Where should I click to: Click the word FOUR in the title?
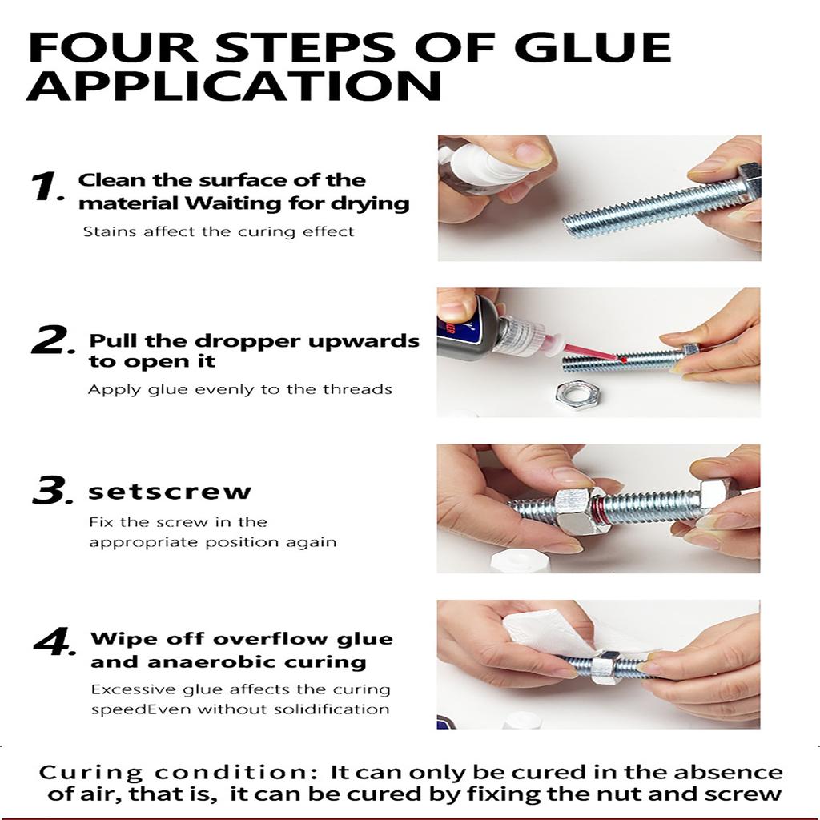coord(113,47)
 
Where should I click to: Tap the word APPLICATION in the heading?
coord(235,85)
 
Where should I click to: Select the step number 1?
coord(46,186)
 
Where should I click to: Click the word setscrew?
coord(170,492)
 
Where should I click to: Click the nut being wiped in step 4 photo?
coord(607,667)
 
